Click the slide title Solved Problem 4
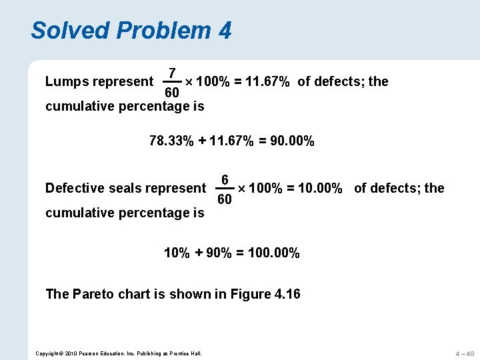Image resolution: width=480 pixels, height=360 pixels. [131, 30]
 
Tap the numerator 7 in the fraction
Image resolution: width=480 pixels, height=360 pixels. [172, 73]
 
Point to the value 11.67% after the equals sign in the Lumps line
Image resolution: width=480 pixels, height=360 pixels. [267, 82]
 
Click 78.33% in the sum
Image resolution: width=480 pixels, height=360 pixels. [171, 141]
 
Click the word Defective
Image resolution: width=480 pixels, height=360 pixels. [75, 189]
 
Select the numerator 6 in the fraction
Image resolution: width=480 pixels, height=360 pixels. [225, 180]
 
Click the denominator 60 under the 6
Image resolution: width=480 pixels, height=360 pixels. [225, 200]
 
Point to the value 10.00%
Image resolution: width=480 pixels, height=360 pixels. [324, 189]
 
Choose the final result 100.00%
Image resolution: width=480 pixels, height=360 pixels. [273, 253]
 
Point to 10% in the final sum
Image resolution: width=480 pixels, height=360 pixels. [177, 253]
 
